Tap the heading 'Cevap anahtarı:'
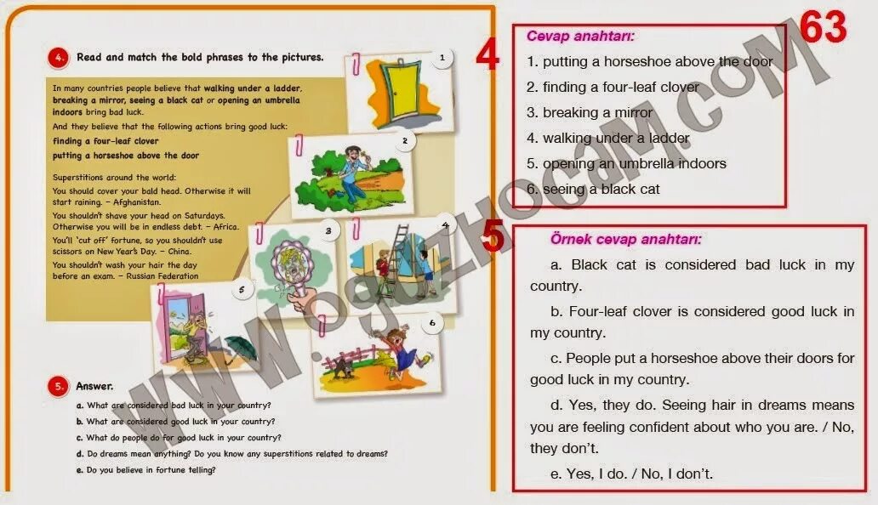coord(580,37)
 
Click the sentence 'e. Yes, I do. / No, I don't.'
coord(632,474)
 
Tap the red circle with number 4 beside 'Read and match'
coord(57,58)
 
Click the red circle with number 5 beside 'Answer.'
coord(57,386)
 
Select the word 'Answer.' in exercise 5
coord(94,386)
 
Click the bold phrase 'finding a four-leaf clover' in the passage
coord(105,141)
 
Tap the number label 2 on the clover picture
coord(405,141)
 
